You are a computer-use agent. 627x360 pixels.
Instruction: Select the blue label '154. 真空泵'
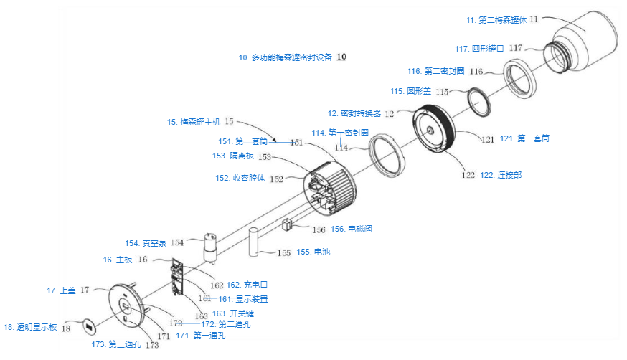(x=144, y=243)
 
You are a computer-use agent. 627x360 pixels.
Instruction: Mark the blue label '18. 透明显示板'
(x=31, y=328)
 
